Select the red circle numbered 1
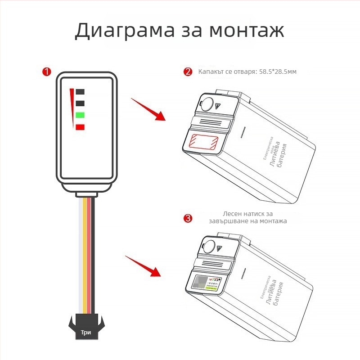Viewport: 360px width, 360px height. [46, 72]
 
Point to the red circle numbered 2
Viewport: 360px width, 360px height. [188, 72]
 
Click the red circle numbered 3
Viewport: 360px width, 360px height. [188, 219]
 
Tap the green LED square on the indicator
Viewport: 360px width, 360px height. [81, 115]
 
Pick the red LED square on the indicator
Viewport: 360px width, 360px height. [81, 127]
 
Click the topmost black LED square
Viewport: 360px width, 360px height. [81, 92]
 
